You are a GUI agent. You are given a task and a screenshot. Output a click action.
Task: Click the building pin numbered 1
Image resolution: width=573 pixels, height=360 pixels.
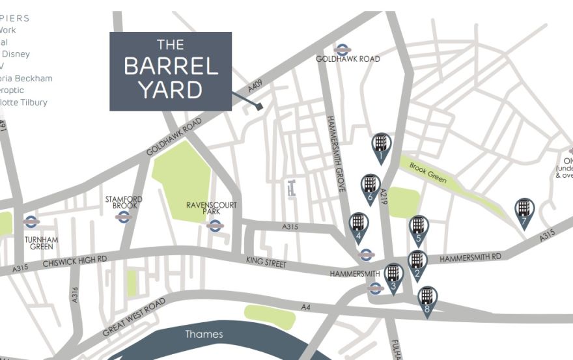pos(381,146)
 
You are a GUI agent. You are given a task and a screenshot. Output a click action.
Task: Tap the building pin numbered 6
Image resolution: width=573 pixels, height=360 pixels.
pos(370,187)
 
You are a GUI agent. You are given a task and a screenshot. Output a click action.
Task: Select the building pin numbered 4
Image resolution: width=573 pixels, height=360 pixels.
pos(357,226)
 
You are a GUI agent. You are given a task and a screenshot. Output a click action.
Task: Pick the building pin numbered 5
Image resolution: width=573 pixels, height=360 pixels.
pos(419,229)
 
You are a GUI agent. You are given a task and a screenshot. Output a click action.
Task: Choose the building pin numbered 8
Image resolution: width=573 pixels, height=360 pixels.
pos(426,299)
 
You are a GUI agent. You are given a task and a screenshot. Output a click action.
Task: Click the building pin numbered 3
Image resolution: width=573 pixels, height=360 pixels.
pos(393,276)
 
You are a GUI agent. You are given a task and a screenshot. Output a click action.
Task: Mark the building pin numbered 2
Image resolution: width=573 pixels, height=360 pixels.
pos(417,264)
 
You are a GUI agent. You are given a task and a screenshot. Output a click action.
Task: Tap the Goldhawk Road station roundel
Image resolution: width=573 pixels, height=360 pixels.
pos(342,49)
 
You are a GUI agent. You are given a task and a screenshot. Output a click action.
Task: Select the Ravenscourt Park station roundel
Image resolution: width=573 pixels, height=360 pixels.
pos(215,226)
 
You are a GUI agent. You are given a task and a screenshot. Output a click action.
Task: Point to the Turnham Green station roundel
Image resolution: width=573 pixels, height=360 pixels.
pos(30,222)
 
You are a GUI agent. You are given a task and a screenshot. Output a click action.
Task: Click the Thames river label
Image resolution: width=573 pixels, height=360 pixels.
pos(204,335)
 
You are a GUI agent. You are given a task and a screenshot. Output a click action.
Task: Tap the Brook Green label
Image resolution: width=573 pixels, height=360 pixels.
pos(428,172)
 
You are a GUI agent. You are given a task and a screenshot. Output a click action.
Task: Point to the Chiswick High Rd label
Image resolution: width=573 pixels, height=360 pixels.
pos(74,261)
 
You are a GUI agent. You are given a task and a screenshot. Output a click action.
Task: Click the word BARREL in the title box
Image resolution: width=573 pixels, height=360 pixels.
pos(170,66)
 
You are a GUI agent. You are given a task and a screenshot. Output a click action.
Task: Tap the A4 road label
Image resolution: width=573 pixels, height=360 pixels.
pos(305,307)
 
